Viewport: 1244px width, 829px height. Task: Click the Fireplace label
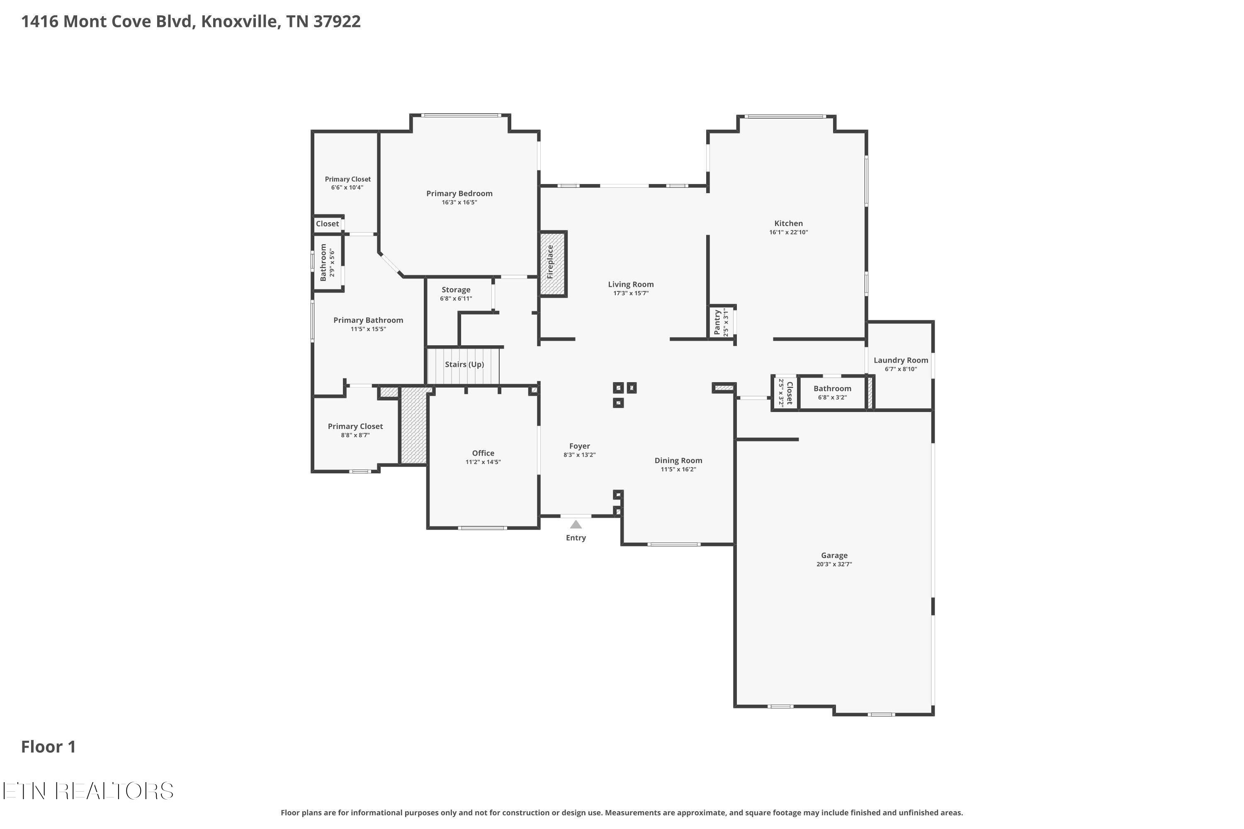(x=550, y=262)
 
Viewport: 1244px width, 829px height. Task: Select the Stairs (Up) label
(x=464, y=364)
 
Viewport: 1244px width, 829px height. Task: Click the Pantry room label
(x=717, y=322)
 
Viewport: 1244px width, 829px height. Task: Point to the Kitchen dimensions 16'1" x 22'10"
(x=788, y=232)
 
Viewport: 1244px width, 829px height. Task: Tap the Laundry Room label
(x=900, y=360)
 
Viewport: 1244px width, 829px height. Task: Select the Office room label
(x=483, y=453)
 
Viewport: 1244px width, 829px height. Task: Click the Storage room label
(x=455, y=290)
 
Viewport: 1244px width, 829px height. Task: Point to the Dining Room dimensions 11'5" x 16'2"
(x=678, y=470)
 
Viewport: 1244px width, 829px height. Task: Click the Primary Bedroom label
(x=459, y=194)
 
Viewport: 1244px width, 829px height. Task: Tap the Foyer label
(x=579, y=446)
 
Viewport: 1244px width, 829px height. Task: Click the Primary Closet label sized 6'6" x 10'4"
(x=347, y=179)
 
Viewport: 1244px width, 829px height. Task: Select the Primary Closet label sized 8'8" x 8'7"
(x=355, y=426)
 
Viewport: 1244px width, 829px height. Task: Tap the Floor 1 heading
(x=48, y=747)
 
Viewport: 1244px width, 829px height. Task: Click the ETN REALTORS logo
(x=88, y=791)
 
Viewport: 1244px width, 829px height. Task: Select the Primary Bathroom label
(x=368, y=320)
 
